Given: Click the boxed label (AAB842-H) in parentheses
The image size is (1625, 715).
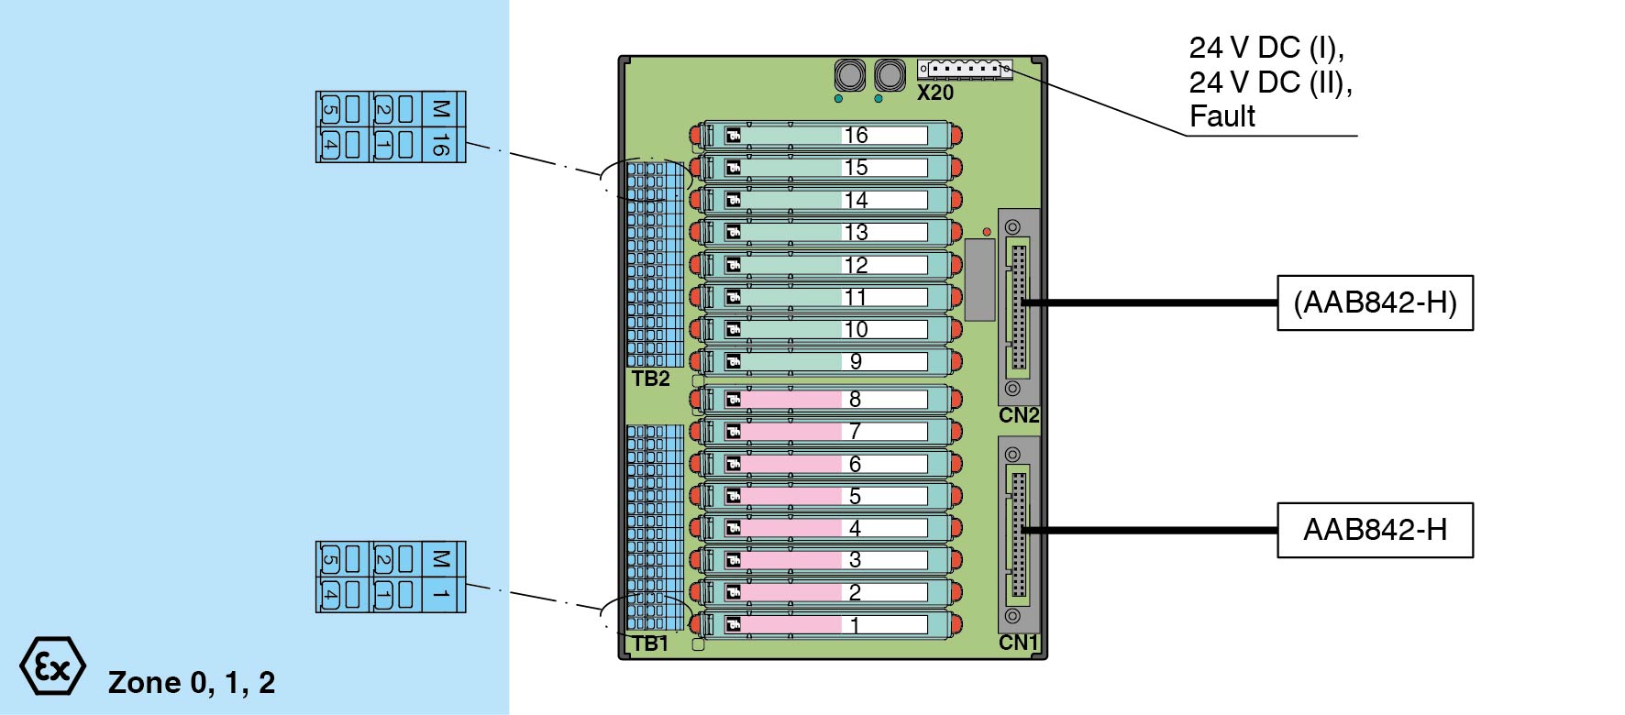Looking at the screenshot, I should pyautogui.click(x=1375, y=302).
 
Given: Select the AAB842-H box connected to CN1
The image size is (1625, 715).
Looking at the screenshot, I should pyautogui.click(x=1375, y=530).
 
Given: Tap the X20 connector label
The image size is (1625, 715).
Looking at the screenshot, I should pyautogui.click(x=935, y=93).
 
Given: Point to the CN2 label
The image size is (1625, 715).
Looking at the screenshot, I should pyautogui.click(x=1019, y=415).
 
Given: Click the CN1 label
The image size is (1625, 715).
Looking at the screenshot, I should pyautogui.click(x=1019, y=643).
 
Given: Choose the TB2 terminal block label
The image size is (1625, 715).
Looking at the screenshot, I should pyautogui.click(x=650, y=379).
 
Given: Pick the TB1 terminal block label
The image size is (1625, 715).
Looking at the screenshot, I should pyautogui.click(x=650, y=643).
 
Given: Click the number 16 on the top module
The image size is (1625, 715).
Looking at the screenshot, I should pyautogui.click(x=856, y=136).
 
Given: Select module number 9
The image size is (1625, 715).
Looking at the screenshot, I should pyautogui.click(x=856, y=361).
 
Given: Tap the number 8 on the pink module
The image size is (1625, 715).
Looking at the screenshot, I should pyautogui.click(x=855, y=399).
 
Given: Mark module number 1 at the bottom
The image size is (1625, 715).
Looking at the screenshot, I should pyautogui.click(x=855, y=625).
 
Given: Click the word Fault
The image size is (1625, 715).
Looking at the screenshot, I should pyautogui.click(x=1222, y=116).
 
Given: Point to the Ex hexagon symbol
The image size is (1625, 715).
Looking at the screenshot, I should pyautogui.click(x=53, y=666).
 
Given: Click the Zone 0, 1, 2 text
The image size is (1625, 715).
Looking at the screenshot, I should pyautogui.click(x=192, y=683).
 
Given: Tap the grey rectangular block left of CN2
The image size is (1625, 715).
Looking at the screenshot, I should pyautogui.click(x=979, y=280).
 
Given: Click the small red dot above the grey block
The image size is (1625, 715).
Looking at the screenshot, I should pyautogui.click(x=987, y=232).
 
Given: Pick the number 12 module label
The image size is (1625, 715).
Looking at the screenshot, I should pyautogui.click(x=856, y=265).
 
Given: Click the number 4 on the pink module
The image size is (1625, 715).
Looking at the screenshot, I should pyautogui.click(x=855, y=528).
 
